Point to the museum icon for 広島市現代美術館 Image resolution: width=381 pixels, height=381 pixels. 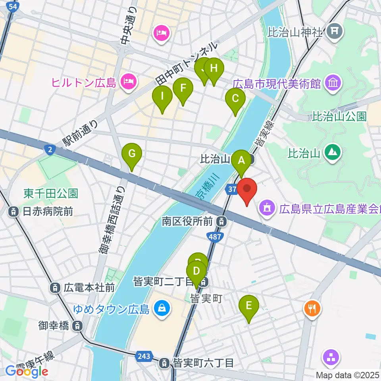333,83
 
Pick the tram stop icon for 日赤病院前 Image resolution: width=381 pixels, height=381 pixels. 14,212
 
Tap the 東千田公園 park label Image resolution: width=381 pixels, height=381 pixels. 50,193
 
